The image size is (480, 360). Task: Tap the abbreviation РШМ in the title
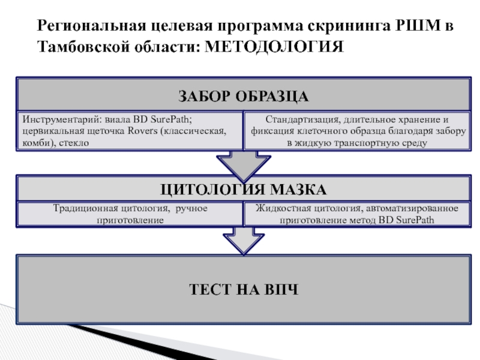(x=413, y=27)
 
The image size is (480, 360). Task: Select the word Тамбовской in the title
(x=82, y=47)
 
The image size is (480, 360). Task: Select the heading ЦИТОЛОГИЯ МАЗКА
(x=243, y=190)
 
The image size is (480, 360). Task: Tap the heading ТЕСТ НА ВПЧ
(x=243, y=290)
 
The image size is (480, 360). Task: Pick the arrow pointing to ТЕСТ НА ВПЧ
(x=243, y=240)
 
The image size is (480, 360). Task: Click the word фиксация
(x=271, y=131)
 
